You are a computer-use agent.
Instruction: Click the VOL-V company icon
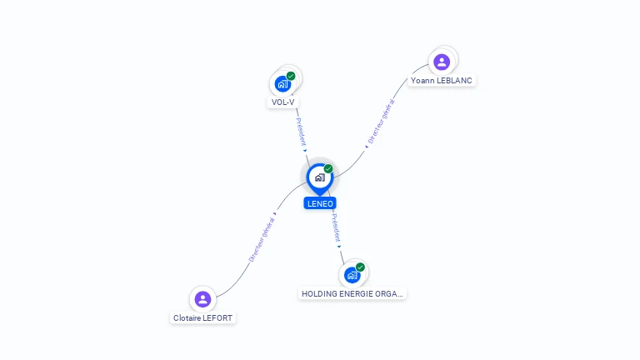283,83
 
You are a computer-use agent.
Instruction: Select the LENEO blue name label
320,203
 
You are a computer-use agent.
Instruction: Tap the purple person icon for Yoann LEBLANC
442,62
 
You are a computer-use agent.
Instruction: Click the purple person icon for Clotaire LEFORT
202,299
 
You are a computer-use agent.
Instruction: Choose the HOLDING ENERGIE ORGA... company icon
352,274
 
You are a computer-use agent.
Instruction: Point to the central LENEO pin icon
319,177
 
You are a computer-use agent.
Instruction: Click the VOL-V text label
283,102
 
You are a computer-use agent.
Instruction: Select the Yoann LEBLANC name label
442,81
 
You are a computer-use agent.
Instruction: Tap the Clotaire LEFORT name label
203,318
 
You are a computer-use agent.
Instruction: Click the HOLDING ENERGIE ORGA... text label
352,294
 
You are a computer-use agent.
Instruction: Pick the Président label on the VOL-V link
301,132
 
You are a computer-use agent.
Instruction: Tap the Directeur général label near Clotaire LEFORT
262,240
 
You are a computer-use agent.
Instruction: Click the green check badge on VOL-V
291,76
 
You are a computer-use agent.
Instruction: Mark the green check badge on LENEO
328,169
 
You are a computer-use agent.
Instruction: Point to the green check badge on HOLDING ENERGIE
360,267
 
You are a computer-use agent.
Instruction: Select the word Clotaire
187,318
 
